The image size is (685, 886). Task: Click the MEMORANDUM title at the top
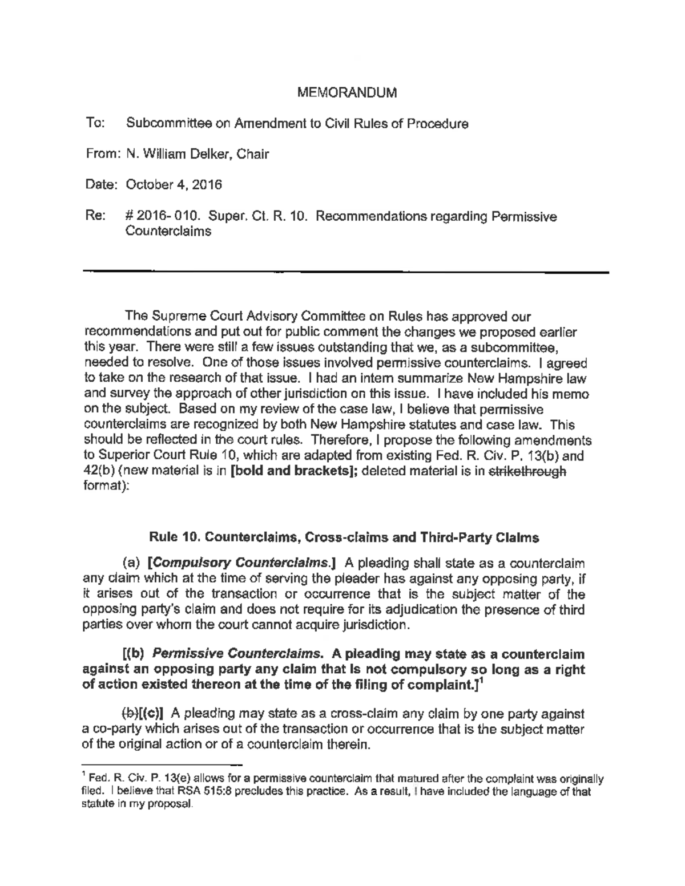tap(348, 93)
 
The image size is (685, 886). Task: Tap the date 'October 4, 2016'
tap(174, 185)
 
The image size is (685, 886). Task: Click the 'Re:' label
tap(95, 216)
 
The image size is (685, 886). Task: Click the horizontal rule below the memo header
tap(346, 273)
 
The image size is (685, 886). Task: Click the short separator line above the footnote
tap(163, 763)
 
